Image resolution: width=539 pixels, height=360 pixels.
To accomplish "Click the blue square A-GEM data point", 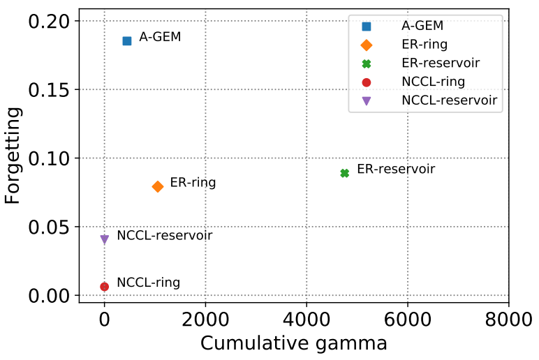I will [127, 41].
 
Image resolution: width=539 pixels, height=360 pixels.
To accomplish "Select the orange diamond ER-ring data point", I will [158, 186].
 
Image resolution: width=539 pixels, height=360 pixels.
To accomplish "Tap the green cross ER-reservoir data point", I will [344, 173].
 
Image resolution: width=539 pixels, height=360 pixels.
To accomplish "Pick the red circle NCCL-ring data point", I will [105, 286].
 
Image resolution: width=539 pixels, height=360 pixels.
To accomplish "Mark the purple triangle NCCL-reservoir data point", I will [105, 239].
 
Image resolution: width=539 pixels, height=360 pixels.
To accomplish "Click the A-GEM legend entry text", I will [422, 26].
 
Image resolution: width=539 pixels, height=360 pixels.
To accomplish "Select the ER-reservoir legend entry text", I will [441, 63].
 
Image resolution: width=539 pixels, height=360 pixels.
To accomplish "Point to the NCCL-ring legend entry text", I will [434, 82].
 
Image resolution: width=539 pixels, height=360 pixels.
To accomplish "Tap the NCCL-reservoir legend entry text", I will [450, 100].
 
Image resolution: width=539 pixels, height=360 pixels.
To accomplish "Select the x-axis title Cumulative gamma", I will [293, 343].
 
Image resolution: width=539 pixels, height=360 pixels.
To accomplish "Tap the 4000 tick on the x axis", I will [307, 321].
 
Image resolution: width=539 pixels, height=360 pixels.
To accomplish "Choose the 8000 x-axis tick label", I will [508, 321].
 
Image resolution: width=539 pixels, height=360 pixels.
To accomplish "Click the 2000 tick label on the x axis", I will [205, 321].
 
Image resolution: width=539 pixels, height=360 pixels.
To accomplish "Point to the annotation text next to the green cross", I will [396, 170].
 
